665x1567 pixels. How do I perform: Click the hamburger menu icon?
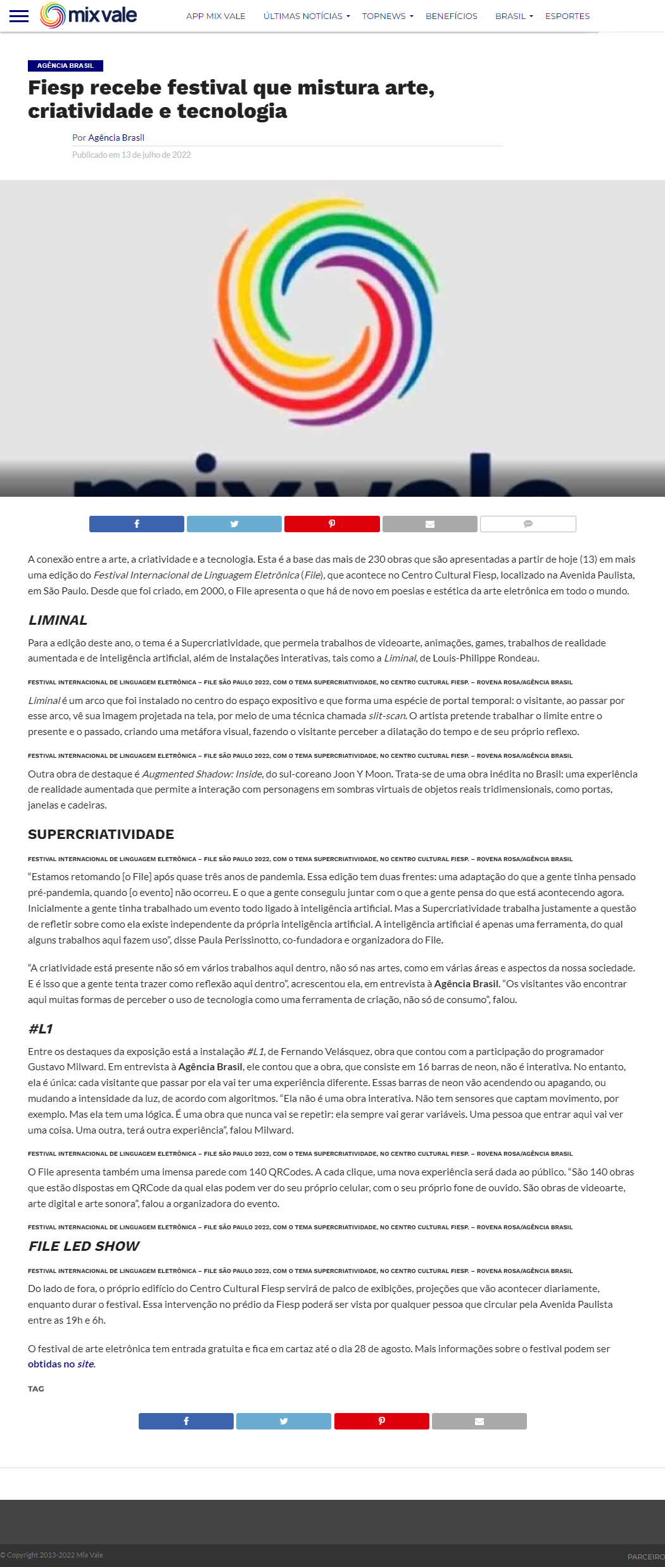click(x=19, y=16)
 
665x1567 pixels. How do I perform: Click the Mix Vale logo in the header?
click(x=89, y=15)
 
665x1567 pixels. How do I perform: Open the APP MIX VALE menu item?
click(x=215, y=16)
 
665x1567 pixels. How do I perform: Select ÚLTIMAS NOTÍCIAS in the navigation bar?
click(x=306, y=16)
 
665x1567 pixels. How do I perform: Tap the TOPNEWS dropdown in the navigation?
click(x=387, y=16)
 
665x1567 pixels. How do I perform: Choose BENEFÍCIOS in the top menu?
click(x=451, y=16)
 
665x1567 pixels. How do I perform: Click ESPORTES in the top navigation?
click(x=567, y=16)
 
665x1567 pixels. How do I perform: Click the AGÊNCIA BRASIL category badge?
click(x=65, y=66)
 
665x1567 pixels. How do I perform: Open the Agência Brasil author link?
click(x=116, y=138)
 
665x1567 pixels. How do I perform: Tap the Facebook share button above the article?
click(x=136, y=524)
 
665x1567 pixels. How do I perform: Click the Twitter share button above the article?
click(x=234, y=524)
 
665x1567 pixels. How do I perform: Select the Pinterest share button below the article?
click(x=381, y=1421)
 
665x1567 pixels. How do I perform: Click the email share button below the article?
click(x=479, y=1421)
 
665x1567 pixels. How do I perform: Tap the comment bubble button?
click(x=528, y=524)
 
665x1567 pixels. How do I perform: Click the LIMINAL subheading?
click(x=58, y=620)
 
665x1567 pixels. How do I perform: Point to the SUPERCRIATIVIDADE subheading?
click(x=101, y=835)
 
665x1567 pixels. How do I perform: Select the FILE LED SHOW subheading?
click(x=84, y=1246)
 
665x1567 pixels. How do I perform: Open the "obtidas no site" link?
click(x=61, y=1364)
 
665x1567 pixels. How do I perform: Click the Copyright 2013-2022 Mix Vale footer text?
click(x=53, y=1555)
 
